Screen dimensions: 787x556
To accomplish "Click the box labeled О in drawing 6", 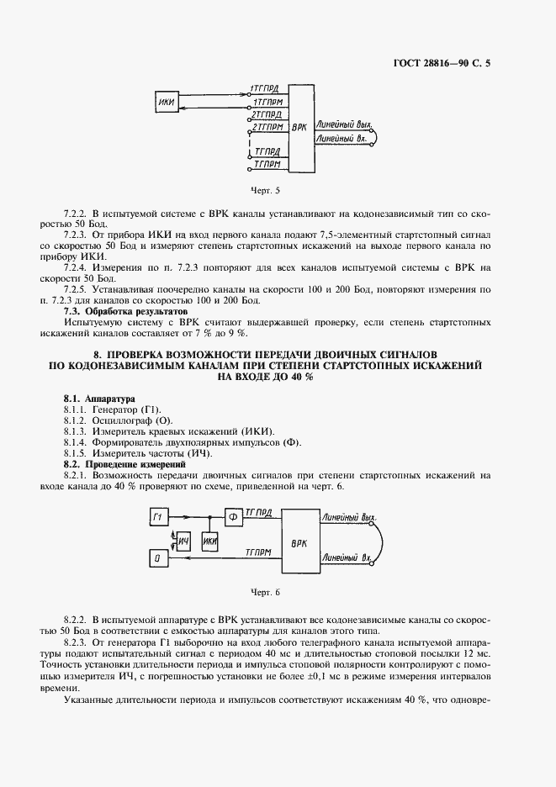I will (x=157, y=557).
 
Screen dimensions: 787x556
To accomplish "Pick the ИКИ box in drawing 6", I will (x=211, y=539).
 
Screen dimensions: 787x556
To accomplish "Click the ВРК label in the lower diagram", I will (x=299, y=543).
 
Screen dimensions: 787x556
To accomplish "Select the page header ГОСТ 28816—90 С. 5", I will (x=442, y=63).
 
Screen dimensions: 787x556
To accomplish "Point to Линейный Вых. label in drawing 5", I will (x=342, y=122).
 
